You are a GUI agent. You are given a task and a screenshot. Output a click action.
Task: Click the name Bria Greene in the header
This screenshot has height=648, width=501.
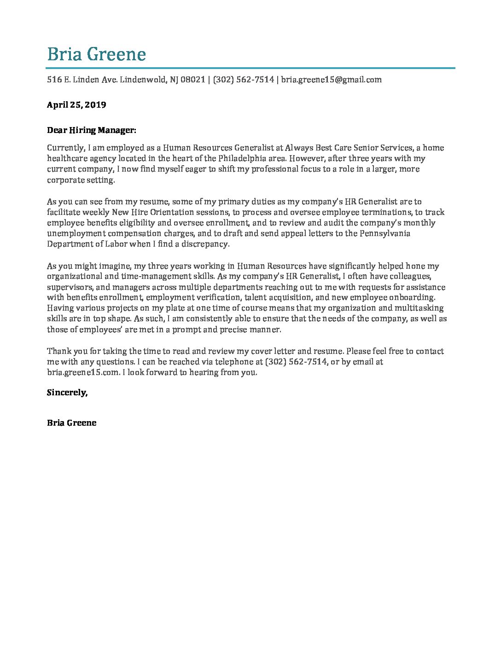coord(96,54)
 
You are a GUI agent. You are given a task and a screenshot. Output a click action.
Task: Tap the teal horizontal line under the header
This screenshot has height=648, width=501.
coord(251,68)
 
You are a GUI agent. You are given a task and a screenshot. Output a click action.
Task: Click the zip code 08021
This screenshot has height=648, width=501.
coord(193,80)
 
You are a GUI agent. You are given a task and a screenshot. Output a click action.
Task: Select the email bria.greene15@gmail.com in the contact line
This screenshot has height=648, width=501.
coord(331,80)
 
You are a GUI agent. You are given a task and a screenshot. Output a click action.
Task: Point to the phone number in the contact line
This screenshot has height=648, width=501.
coord(244,80)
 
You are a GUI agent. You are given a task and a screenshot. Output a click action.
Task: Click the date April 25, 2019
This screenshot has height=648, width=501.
coord(76,104)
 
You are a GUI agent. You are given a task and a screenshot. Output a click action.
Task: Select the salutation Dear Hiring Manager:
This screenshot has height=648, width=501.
coord(92,130)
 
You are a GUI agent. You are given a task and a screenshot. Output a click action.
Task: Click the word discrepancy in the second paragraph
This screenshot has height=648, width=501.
coord(204,244)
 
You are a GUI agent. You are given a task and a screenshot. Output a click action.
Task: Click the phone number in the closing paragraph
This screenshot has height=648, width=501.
coord(297,362)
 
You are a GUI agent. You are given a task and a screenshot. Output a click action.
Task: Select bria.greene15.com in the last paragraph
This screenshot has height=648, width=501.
coord(83,372)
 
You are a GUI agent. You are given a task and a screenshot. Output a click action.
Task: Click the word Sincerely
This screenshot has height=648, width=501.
coord(67,393)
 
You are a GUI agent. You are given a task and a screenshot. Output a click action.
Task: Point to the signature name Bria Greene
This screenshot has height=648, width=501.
coord(72,423)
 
